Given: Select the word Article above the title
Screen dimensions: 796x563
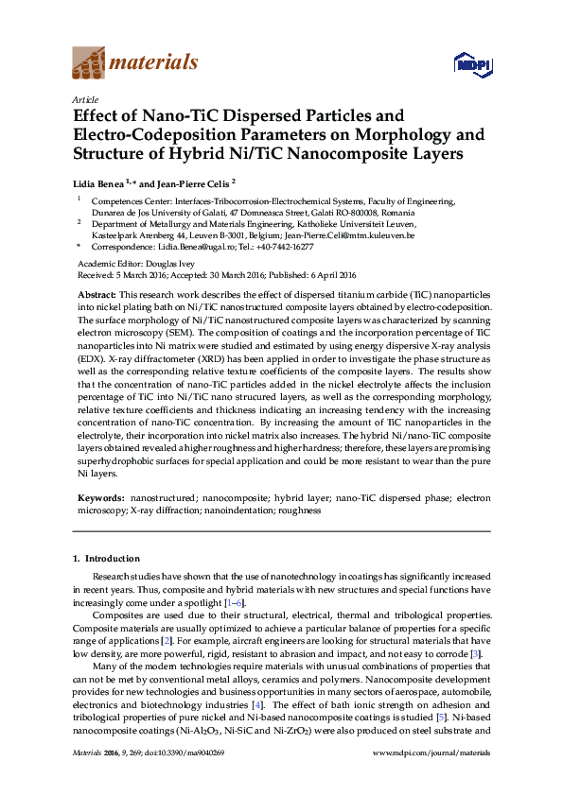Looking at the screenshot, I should point(84,98).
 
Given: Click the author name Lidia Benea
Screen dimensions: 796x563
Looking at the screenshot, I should point(100,183).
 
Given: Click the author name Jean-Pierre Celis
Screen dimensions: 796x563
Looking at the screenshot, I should point(192,183).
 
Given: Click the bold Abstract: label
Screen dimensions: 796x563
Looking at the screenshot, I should point(97,296).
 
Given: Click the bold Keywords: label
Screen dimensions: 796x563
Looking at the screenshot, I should point(99,497).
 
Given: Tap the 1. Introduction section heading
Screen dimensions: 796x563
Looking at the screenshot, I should point(106,559).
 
